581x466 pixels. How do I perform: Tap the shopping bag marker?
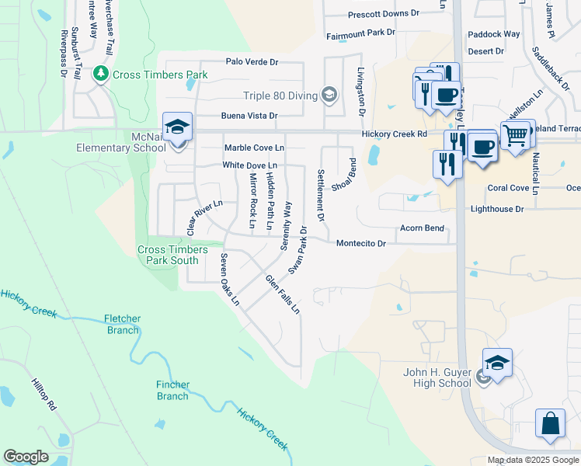pos(550,424)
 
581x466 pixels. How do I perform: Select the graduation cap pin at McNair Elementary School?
pos(177,127)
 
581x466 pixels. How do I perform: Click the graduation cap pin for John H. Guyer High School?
pos(497,363)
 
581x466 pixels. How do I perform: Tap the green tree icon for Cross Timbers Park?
pos(100,74)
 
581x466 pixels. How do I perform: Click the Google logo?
pos(26,457)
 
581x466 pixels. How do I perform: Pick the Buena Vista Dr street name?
pos(249,116)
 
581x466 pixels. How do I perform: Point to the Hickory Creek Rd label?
pos(395,134)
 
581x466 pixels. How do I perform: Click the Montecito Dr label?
pos(360,244)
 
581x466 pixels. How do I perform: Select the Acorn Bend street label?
pos(422,228)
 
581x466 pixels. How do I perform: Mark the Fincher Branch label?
pos(172,391)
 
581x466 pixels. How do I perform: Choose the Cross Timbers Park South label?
pos(172,255)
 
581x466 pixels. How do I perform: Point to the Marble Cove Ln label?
pos(254,148)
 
